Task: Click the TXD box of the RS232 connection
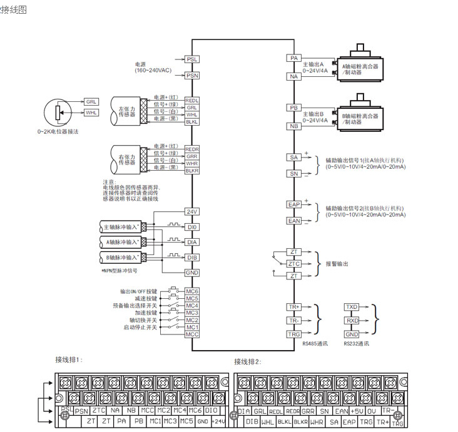pos(352,307)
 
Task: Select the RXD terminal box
pos(352,321)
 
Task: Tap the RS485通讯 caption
pos(315,343)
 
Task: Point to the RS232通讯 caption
pos(356,343)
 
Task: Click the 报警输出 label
pos(337,264)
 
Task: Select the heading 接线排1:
pos(69,359)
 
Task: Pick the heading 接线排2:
pos(248,361)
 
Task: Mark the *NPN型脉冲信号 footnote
pos(120,271)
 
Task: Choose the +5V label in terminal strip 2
pos(357,411)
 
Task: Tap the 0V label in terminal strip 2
pos(372,411)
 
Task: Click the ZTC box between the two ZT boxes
pos(294,264)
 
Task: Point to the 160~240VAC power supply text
pos(153,71)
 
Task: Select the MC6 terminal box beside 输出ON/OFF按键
pos(192,292)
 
